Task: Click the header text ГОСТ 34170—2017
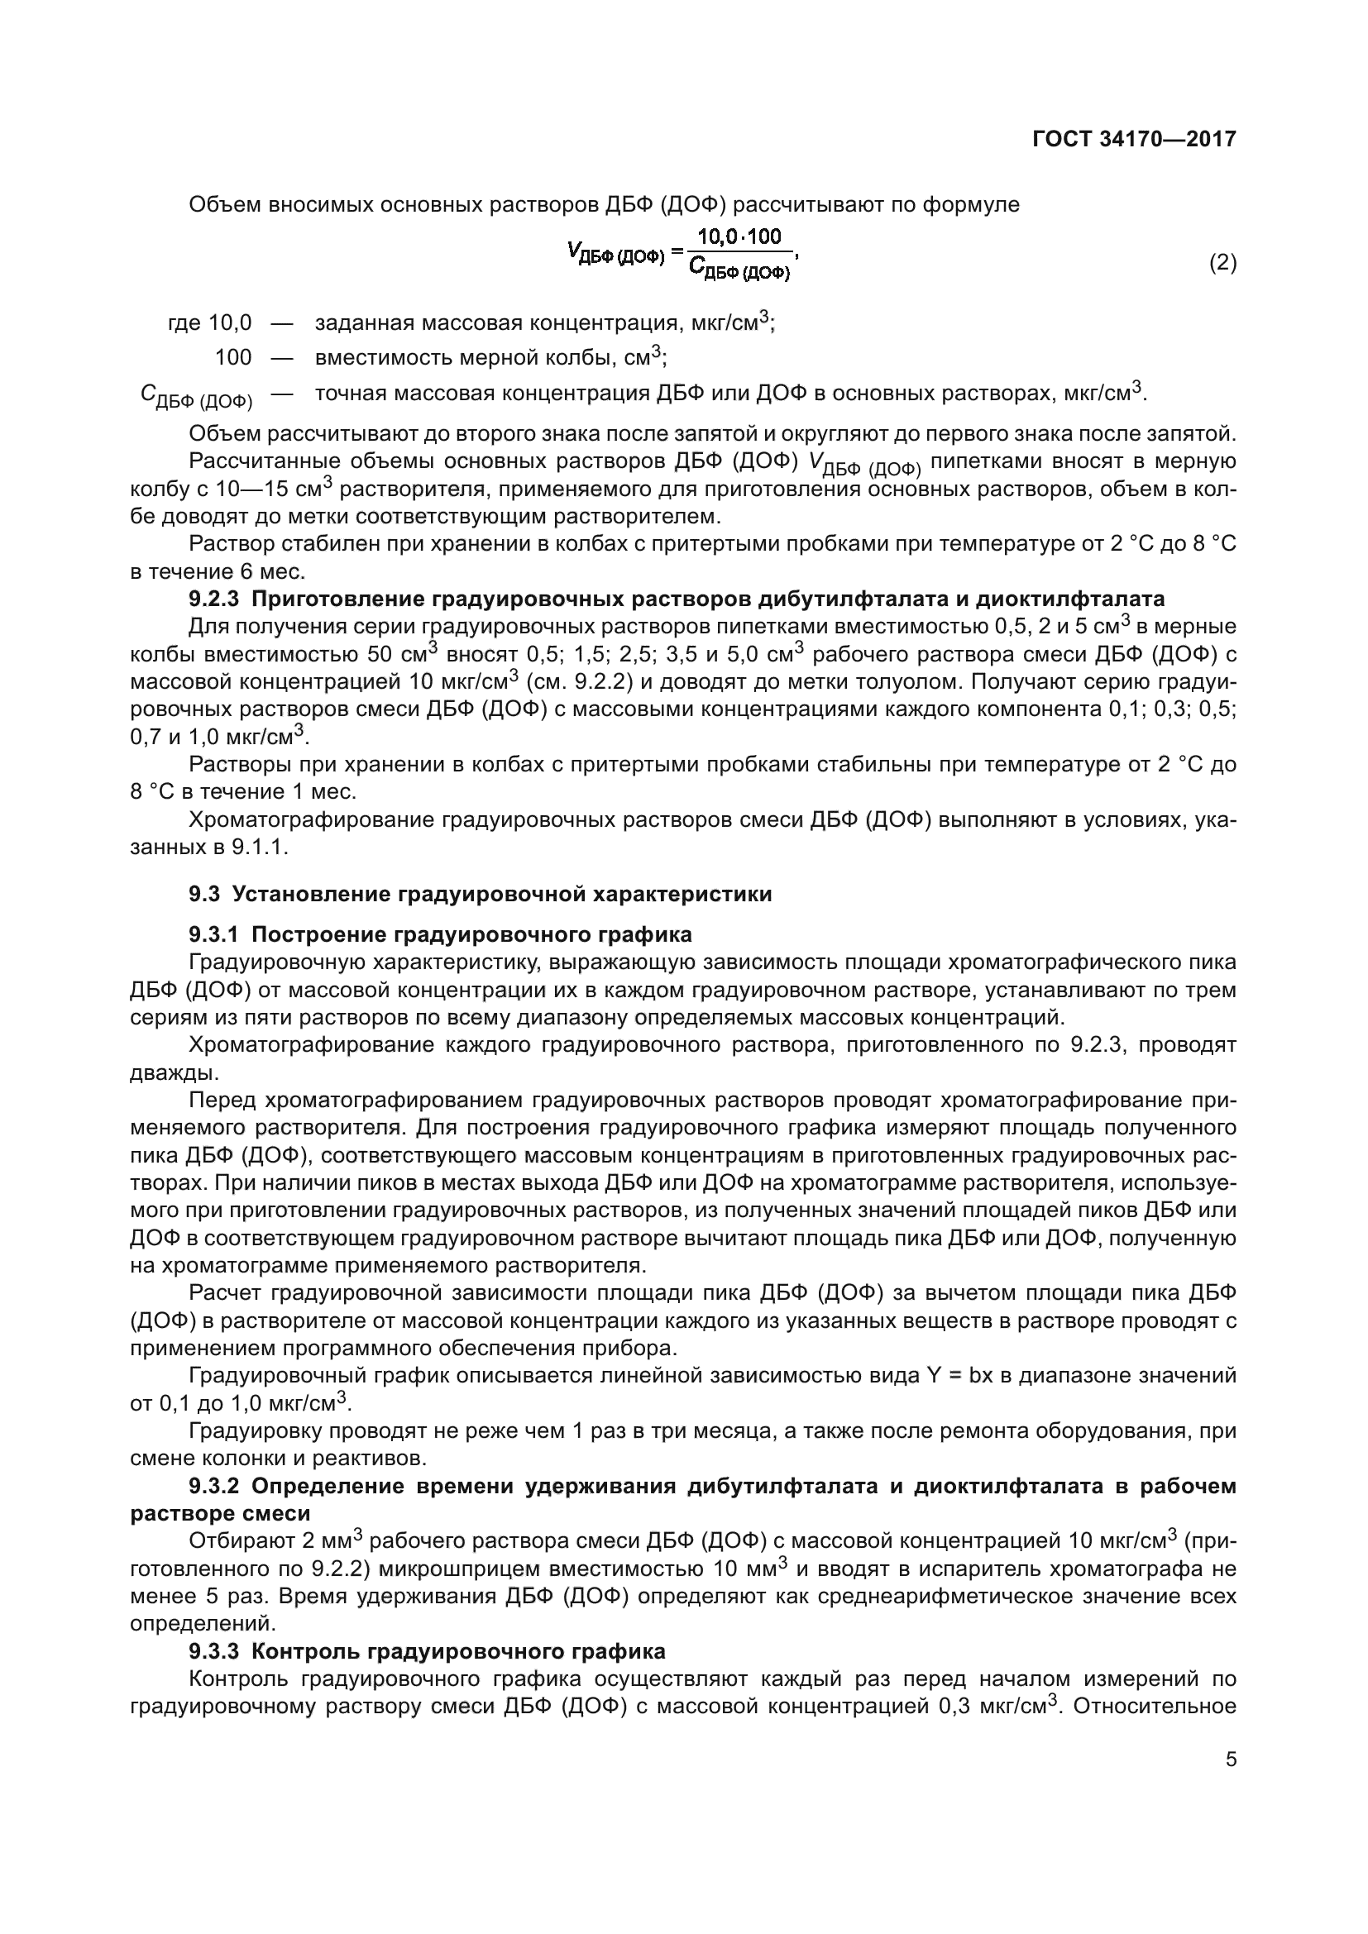(x=1134, y=139)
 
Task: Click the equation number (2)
(x=1222, y=263)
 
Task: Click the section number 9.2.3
(x=214, y=599)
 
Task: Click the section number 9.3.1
(x=214, y=934)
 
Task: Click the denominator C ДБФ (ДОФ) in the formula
(x=739, y=270)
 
